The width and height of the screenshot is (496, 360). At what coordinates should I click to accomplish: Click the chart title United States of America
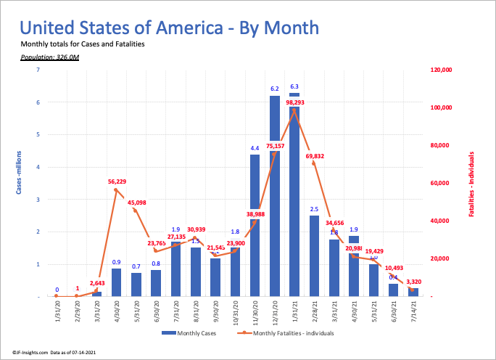click(x=169, y=28)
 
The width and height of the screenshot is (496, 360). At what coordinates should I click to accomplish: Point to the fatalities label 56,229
click(x=117, y=181)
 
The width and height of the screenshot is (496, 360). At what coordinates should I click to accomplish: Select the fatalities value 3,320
click(x=413, y=281)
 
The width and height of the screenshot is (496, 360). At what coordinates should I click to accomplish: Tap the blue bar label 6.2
click(x=275, y=89)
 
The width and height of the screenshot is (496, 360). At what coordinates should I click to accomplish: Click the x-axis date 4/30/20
click(x=117, y=311)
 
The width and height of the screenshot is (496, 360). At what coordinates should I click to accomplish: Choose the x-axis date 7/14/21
click(x=413, y=311)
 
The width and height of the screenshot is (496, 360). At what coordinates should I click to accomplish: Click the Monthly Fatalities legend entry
click(x=280, y=333)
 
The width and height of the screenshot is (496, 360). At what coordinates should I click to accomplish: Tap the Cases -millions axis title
click(x=20, y=171)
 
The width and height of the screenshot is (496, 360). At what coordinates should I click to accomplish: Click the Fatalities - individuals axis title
click(x=471, y=183)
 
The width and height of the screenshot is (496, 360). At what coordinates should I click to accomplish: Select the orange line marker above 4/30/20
click(x=117, y=190)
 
